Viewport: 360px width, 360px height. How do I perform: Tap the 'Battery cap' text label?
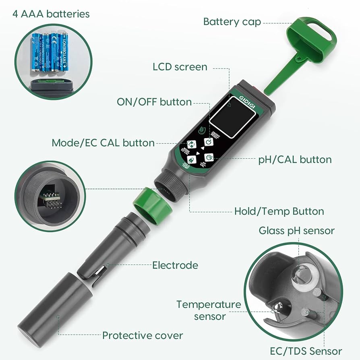coord(232,21)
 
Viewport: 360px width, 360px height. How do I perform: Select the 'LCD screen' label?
coord(180,66)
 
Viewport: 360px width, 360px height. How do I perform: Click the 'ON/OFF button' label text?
coord(154,102)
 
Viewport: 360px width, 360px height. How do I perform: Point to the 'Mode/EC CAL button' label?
coord(103,143)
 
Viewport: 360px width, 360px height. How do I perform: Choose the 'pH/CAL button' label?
coord(295,159)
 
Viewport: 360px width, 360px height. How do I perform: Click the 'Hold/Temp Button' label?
coord(279,211)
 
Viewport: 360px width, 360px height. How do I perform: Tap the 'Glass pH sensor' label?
coord(296,230)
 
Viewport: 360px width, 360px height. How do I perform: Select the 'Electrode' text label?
coord(175,265)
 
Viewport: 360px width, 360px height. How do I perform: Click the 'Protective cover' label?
coord(143,335)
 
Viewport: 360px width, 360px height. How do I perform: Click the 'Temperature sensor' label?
coord(209,310)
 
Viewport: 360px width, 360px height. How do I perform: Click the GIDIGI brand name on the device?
coord(244,100)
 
